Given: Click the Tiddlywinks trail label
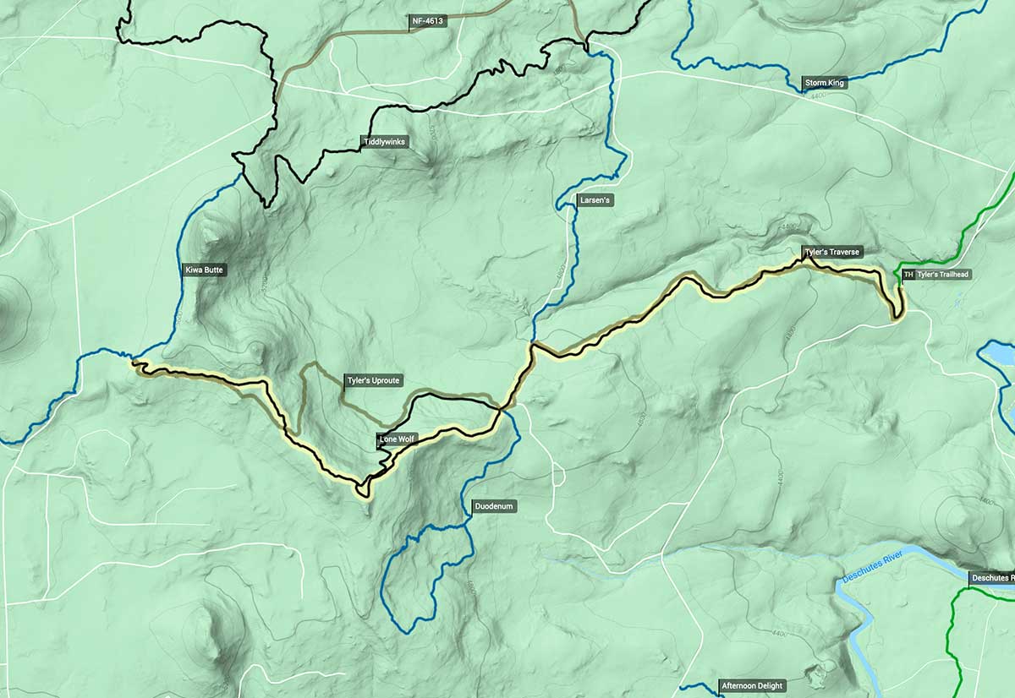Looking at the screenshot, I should coord(385,142).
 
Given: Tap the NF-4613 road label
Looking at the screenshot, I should coord(428,19).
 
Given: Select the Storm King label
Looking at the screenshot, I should coord(824,83).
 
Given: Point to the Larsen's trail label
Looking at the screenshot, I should coord(595,200).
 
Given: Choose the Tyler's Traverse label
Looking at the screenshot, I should coord(832,252).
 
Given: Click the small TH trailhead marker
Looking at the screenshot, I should coord(908,275).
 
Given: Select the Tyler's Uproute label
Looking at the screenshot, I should coord(373,381).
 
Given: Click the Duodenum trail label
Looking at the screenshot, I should coord(493,506).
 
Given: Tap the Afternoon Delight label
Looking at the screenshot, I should coord(752,685).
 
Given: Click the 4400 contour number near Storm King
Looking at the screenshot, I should coord(816,96).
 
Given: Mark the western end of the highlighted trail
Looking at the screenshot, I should coord(134,365).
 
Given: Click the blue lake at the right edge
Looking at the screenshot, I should coord(1001,353).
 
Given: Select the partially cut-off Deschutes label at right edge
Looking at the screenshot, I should coord(991,578).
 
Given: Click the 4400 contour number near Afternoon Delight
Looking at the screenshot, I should coord(779,634).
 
